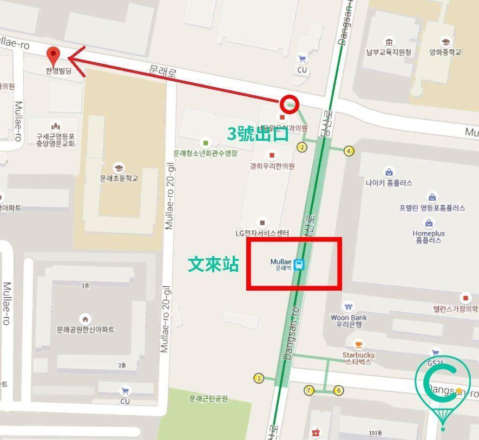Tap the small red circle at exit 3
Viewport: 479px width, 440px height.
[290, 103]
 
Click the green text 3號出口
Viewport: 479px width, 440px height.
[258, 133]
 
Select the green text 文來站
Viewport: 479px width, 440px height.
[213, 264]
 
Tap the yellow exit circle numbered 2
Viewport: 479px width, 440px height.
[301, 147]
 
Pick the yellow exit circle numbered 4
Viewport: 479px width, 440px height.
[349, 151]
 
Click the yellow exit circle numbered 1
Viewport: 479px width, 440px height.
[259, 378]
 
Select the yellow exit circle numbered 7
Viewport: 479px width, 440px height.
[310, 390]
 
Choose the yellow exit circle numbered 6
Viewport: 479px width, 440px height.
[339, 390]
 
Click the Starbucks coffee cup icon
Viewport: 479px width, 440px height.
[358, 344]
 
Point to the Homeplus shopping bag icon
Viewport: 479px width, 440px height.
[429, 223]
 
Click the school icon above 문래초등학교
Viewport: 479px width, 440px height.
[119, 168]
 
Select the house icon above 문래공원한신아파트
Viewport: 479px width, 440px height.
[85, 319]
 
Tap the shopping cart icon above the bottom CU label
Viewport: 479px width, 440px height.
[125, 391]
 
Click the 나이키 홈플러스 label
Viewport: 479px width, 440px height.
[389, 183]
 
